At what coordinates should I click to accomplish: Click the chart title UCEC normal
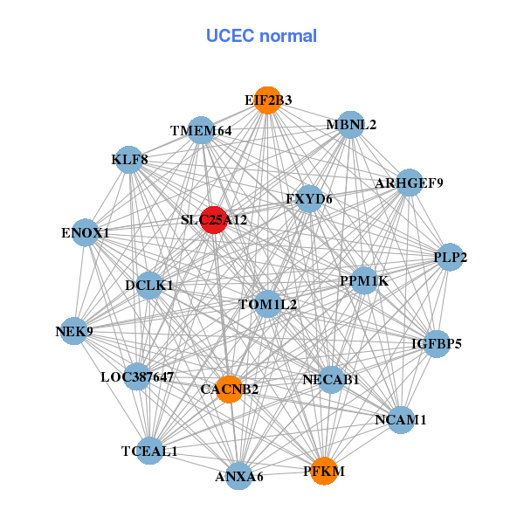click(x=261, y=36)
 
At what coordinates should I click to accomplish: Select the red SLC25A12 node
click(x=213, y=220)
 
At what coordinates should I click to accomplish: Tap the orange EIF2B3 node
click(x=268, y=100)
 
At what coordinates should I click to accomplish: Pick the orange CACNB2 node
click(x=230, y=389)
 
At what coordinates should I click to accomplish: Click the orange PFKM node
click(x=324, y=471)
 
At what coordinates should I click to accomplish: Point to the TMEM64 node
click(x=202, y=131)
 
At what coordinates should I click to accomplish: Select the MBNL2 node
click(x=350, y=125)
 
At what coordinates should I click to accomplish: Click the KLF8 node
click(x=129, y=160)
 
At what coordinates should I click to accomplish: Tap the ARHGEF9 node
click(x=410, y=183)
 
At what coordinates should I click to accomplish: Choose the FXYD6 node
click(x=309, y=199)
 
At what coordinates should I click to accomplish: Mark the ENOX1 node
click(x=86, y=233)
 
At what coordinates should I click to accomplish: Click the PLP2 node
click(x=451, y=258)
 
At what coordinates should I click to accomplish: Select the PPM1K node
click(x=364, y=281)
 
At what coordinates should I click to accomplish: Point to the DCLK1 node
click(x=149, y=285)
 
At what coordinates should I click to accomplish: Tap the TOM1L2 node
click(x=268, y=305)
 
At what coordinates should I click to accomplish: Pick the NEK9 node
click(x=74, y=332)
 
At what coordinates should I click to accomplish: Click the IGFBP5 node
click(x=437, y=343)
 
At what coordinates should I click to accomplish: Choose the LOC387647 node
click(x=137, y=377)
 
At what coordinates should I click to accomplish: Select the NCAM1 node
click(x=400, y=420)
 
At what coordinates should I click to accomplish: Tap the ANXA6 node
click(x=239, y=476)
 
